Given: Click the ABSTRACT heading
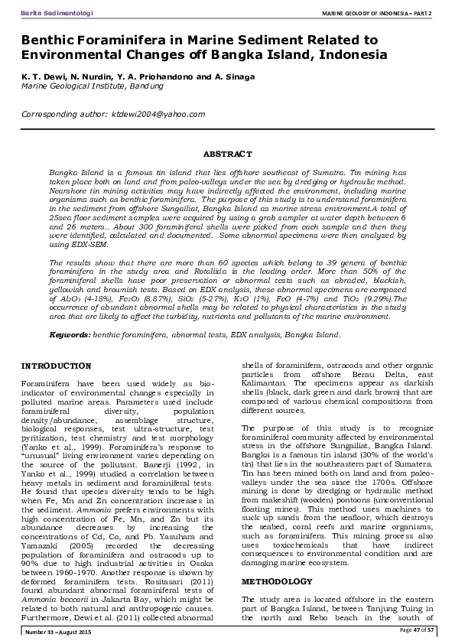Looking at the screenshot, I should tap(227, 154).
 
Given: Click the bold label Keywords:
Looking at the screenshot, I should tap(70, 334).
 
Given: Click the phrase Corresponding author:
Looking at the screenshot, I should tap(65, 114).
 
